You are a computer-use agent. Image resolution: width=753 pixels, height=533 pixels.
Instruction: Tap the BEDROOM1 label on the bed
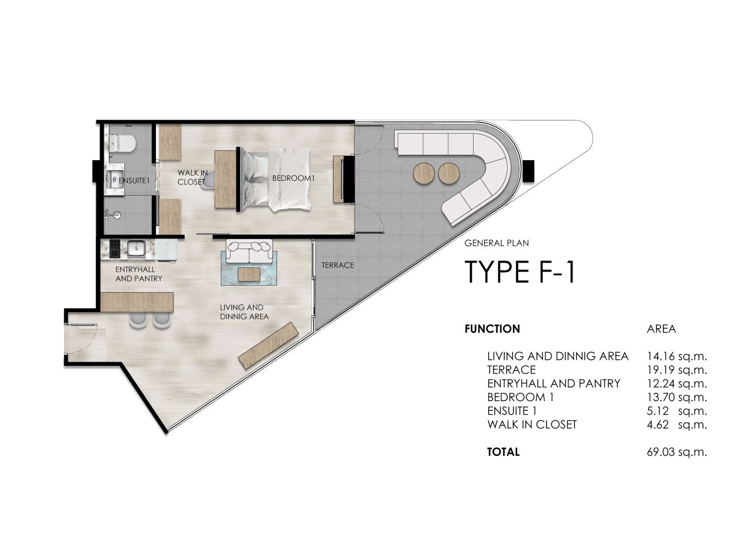tap(291, 178)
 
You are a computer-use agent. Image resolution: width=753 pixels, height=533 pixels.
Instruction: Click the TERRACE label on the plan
tap(338, 265)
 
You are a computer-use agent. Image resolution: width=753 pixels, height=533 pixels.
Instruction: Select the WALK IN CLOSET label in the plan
tap(192, 177)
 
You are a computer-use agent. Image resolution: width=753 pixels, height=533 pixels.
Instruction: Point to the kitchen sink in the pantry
tap(136, 249)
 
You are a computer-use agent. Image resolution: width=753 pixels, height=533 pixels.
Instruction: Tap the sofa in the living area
tap(250, 252)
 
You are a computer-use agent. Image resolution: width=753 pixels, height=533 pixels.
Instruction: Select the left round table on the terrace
tap(424, 173)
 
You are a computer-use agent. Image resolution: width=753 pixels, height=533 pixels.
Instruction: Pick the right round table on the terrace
tap(449, 173)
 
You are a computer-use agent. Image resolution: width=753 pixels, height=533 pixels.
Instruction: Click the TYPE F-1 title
tap(519, 272)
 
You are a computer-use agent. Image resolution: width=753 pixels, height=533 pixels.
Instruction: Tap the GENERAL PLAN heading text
tap(492, 243)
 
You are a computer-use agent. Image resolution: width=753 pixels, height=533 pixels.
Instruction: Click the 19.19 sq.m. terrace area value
tap(676, 370)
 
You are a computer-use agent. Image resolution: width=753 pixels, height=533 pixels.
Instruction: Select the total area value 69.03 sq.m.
tap(676, 452)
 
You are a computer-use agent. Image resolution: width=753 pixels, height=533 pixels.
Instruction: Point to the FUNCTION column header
tap(492, 329)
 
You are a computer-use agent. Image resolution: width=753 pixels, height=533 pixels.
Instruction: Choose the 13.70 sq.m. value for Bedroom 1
tap(676, 398)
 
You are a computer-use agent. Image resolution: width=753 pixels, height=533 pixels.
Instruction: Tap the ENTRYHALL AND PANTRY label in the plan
tap(138, 274)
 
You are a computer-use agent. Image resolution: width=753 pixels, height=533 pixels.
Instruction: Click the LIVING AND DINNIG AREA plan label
tap(244, 312)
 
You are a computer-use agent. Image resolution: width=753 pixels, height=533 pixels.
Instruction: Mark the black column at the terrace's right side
tap(527, 171)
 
